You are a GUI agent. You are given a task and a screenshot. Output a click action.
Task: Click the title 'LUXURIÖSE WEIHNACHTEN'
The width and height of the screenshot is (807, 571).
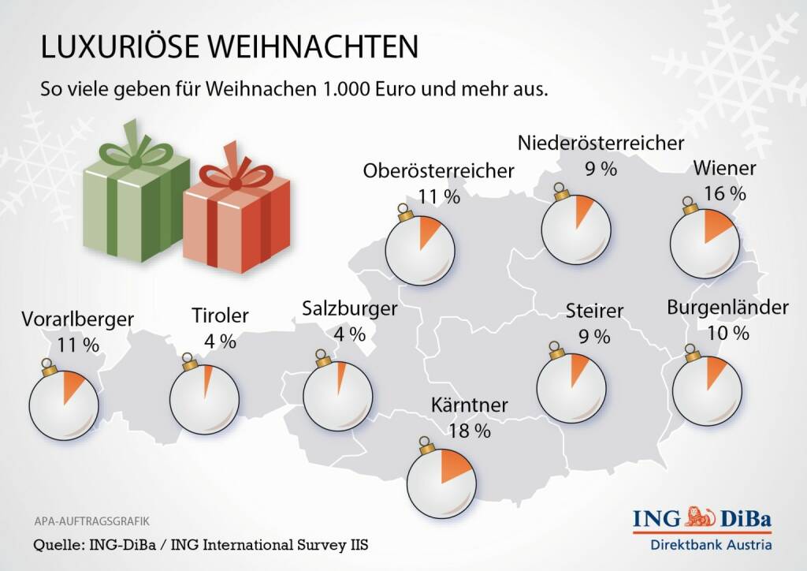click(x=229, y=47)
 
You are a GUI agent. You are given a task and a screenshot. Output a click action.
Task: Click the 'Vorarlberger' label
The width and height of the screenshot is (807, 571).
click(x=77, y=319)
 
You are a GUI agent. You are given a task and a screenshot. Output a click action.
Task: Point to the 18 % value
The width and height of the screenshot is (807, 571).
click(x=470, y=431)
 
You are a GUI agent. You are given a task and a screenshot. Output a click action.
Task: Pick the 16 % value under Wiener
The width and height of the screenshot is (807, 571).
click(x=724, y=192)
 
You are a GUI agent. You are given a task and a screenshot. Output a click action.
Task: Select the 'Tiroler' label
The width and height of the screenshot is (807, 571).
click(x=220, y=316)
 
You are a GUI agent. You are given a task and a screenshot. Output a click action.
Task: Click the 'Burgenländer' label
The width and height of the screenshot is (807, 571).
click(x=727, y=308)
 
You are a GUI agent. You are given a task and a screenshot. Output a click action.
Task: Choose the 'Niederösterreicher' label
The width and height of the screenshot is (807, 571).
click(x=601, y=144)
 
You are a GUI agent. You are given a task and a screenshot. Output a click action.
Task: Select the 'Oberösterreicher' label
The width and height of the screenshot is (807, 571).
click(x=438, y=170)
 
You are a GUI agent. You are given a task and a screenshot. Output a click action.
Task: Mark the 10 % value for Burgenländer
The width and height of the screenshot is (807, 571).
click(x=728, y=333)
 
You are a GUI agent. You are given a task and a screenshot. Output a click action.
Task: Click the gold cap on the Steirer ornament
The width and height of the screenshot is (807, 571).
click(x=556, y=348)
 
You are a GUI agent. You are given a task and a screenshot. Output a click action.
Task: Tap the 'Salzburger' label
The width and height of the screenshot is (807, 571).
click(x=349, y=309)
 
